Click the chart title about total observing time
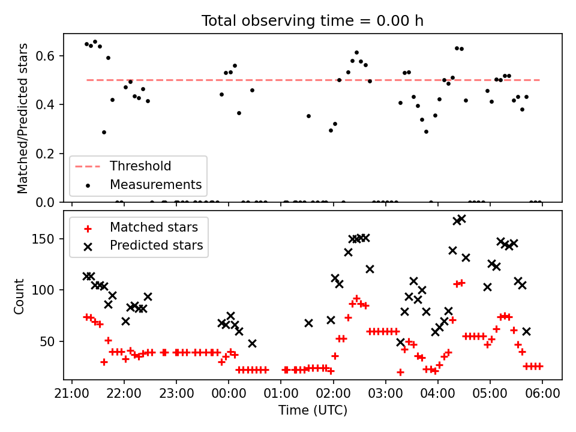313,21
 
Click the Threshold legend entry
140,166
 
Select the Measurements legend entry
155,184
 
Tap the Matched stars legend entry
153,227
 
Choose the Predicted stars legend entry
156,245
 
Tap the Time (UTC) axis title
313,410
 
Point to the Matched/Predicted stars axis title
23,118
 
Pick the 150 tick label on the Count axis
47,239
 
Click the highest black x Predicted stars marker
461,219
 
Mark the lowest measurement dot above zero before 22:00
104,132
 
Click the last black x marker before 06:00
526,331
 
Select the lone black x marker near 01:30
308,323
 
